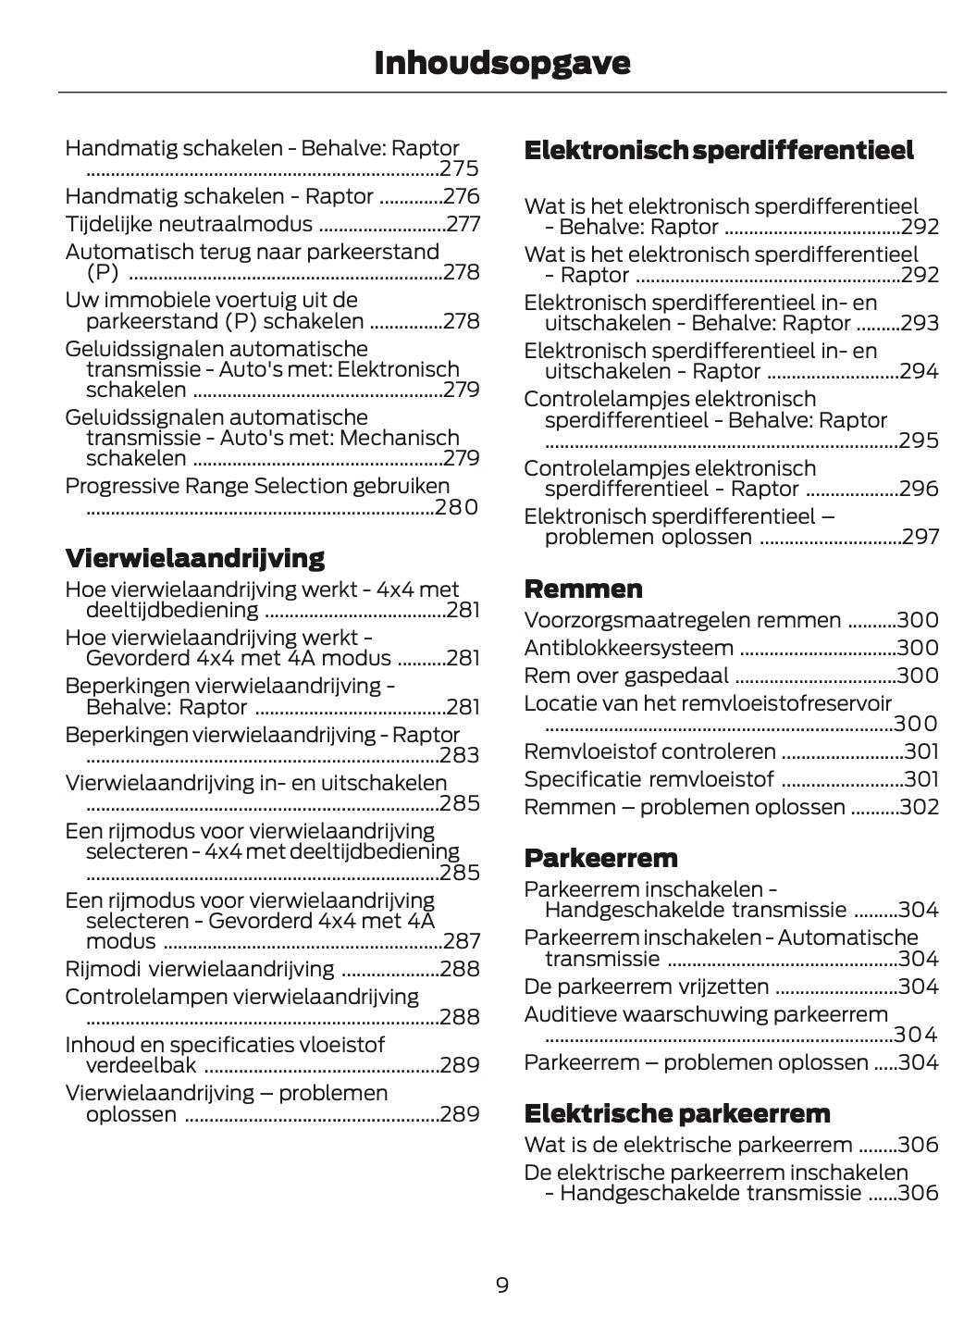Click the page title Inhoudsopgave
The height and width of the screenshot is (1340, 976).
501,63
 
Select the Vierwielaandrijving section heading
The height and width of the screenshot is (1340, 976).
194,558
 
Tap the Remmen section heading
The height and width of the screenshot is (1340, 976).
583,589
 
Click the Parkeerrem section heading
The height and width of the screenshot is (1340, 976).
600,858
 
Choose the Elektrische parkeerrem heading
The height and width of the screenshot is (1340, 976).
677,1112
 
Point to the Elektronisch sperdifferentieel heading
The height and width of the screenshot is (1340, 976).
718,150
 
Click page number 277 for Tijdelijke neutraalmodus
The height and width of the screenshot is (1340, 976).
463,224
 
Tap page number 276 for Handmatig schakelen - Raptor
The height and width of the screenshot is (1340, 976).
462,196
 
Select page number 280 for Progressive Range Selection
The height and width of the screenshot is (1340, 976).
457,507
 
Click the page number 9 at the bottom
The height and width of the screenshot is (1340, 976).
501,1284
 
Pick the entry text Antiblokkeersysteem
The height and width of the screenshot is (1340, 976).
628,648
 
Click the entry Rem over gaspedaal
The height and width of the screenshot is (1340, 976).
625,676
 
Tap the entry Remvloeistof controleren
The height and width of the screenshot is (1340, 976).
649,751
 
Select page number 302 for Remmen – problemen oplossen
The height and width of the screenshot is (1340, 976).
919,807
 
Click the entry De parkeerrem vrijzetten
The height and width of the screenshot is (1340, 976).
646,986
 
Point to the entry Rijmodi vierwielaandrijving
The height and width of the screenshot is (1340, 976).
199,969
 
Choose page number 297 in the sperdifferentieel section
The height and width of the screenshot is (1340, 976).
920,537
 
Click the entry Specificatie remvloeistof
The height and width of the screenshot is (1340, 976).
649,779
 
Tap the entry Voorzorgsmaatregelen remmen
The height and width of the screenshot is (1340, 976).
682,620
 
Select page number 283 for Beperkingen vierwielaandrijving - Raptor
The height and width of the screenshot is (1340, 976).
460,755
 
